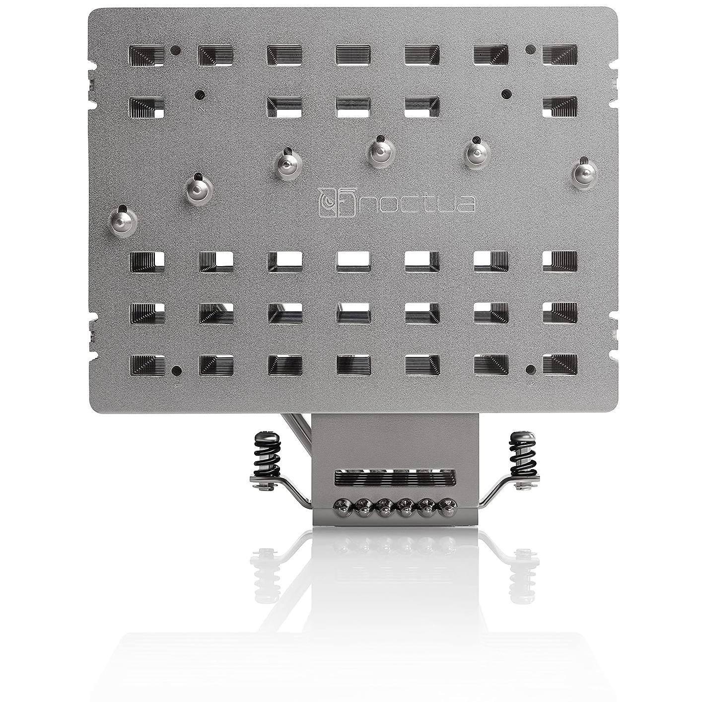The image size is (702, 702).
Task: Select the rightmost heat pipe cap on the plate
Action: pyautogui.click(x=584, y=172)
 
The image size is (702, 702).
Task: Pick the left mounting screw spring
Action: pyautogui.click(x=266, y=453)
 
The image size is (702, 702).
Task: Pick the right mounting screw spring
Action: pyautogui.click(x=522, y=453)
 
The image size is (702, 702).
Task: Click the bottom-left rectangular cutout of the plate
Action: pyautogui.click(x=146, y=364)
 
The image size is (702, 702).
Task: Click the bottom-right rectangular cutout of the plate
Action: pyautogui.click(x=560, y=364)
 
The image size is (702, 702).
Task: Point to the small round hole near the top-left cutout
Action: pyautogui.click(x=175, y=50)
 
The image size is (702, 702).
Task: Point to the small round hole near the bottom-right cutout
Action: pyautogui.click(x=530, y=369)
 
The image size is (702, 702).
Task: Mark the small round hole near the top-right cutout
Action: pyautogui.click(x=530, y=49)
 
